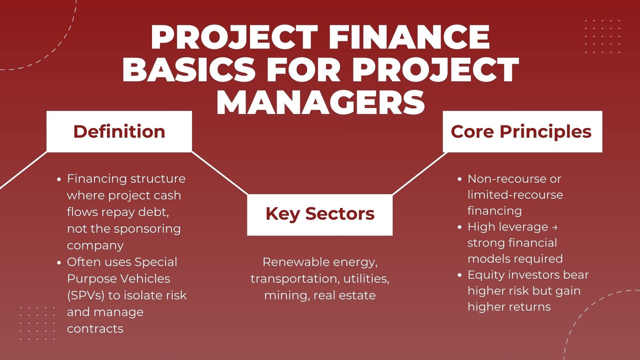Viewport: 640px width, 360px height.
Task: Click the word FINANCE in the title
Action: tap(409, 37)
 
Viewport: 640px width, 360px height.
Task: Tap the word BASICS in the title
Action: tap(189, 70)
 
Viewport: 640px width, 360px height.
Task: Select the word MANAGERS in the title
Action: tap(320, 102)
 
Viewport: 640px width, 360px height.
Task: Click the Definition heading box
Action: tap(119, 132)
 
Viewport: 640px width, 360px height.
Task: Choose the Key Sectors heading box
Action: tap(320, 215)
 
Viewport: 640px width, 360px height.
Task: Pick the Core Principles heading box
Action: tap(522, 132)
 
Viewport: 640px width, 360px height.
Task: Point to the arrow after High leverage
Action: tap(554, 228)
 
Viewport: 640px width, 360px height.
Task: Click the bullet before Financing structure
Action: tap(59, 180)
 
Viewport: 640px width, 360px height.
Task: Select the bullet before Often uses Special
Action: tap(59, 262)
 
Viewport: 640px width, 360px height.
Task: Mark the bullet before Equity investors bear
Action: tap(460, 276)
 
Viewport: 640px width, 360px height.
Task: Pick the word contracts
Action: tap(95, 328)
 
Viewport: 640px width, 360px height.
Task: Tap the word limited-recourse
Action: tap(515, 195)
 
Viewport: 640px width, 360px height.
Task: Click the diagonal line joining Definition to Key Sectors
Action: tap(220, 173)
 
